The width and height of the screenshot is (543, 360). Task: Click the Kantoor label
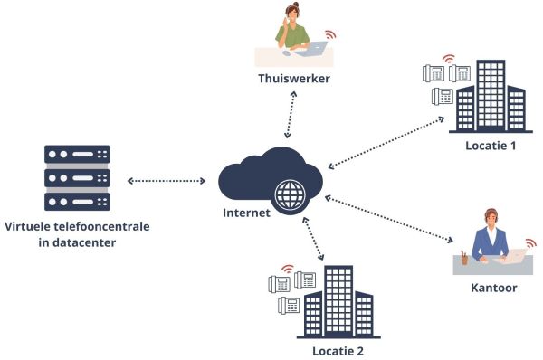click(493, 288)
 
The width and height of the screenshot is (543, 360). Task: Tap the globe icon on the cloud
click(291, 193)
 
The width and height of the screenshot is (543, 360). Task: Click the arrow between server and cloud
click(167, 182)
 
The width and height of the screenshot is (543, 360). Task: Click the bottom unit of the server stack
click(77, 200)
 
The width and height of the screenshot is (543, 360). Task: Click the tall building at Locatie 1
click(491, 95)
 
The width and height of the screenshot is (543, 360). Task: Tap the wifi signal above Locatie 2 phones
click(288, 269)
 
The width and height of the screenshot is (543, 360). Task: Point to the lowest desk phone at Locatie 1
click(443, 96)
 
